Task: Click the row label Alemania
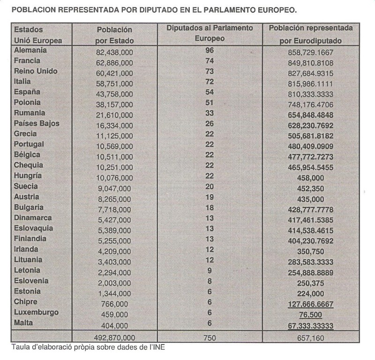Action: point(31,50)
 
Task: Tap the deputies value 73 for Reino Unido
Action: point(210,71)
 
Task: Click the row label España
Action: point(28,92)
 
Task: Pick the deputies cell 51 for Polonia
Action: point(210,102)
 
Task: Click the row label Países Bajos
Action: point(37,123)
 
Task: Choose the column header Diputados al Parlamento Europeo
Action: point(210,33)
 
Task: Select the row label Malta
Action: point(24,322)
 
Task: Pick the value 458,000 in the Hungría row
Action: point(311,178)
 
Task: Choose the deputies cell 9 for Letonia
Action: point(210,270)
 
